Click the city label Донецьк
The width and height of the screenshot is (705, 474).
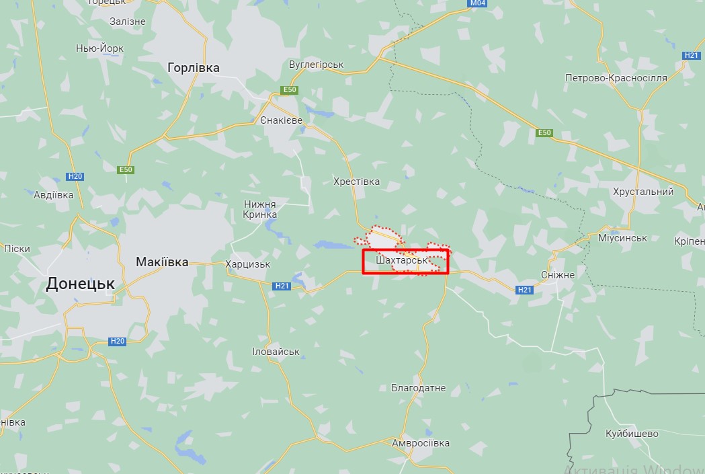80,284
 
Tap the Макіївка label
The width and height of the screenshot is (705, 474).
162,262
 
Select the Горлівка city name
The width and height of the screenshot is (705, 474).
194,68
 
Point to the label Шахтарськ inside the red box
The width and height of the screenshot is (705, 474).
402,260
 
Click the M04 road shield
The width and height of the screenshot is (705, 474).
477,4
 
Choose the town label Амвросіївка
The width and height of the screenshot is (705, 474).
421,443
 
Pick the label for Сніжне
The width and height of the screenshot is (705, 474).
558,275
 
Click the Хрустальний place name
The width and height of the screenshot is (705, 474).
643,192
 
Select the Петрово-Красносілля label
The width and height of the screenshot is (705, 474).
616,78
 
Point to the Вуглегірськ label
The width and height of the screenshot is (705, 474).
316,65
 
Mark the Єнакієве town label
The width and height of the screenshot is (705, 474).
281,120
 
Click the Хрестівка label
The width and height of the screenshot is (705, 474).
356,182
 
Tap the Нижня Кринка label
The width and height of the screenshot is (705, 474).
260,209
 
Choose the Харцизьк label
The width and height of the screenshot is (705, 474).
248,264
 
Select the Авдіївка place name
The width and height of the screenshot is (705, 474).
53,195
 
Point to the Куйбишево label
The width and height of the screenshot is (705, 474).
632,434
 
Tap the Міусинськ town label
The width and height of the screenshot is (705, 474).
622,238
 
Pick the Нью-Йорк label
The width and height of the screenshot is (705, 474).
100,48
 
